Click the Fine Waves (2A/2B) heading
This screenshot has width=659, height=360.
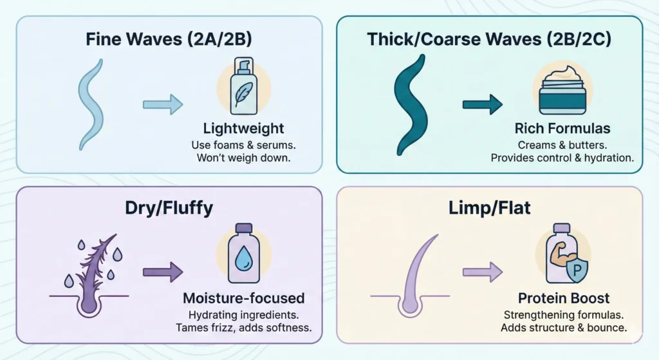[168, 39]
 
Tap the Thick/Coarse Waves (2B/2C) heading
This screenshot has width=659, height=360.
[488, 39]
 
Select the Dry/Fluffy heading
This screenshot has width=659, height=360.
[169, 209]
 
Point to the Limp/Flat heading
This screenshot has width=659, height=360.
[490, 209]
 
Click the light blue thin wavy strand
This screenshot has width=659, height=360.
[92, 104]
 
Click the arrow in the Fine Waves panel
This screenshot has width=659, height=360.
[162, 103]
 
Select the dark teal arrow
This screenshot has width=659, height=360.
[482, 103]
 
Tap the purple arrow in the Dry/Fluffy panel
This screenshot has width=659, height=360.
[162, 272]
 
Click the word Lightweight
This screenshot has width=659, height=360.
[243, 129]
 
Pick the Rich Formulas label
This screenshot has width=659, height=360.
[561, 129]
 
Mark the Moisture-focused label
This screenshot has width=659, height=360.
[243, 299]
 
